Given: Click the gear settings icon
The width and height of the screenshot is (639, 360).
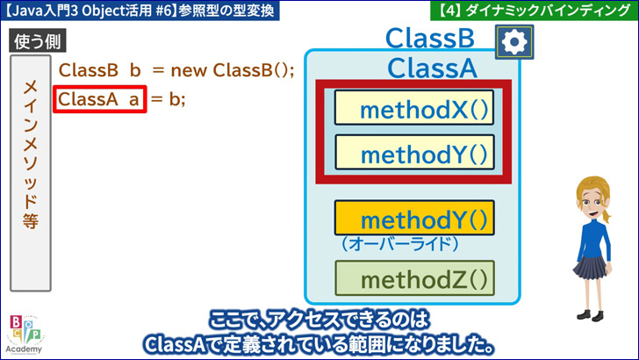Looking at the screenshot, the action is click(x=514, y=41).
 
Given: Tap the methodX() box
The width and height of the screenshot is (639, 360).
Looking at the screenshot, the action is click(x=414, y=108).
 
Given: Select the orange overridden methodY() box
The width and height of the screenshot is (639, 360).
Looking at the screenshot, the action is click(x=414, y=218).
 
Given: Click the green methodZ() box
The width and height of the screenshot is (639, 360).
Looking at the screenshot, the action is click(x=414, y=278).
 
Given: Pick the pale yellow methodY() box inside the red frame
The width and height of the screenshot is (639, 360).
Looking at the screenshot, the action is click(x=414, y=152).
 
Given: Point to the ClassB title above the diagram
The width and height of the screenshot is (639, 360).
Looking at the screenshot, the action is click(x=430, y=39).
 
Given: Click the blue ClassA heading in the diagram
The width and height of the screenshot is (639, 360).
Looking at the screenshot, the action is click(x=432, y=68).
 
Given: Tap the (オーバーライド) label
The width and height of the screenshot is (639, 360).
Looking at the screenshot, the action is click(x=400, y=244).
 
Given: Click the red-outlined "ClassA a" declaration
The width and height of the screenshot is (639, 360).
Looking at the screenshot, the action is click(x=99, y=99).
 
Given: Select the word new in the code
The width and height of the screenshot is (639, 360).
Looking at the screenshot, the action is click(x=189, y=70).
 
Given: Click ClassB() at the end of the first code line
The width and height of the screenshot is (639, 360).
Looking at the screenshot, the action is click(x=253, y=70).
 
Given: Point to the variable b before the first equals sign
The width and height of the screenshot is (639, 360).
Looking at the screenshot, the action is click(x=135, y=70).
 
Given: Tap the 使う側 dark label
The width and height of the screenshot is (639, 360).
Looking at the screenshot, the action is click(x=38, y=41).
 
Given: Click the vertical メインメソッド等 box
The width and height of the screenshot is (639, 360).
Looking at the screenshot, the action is click(x=31, y=173).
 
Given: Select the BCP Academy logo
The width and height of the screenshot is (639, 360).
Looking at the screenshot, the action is click(x=25, y=335).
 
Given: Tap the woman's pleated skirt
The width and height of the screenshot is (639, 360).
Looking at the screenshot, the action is click(x=590, y=267).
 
